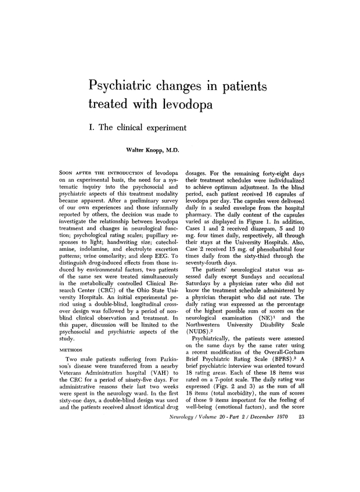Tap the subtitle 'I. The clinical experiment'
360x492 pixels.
coord(141,127)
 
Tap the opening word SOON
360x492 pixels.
coord(70,174)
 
